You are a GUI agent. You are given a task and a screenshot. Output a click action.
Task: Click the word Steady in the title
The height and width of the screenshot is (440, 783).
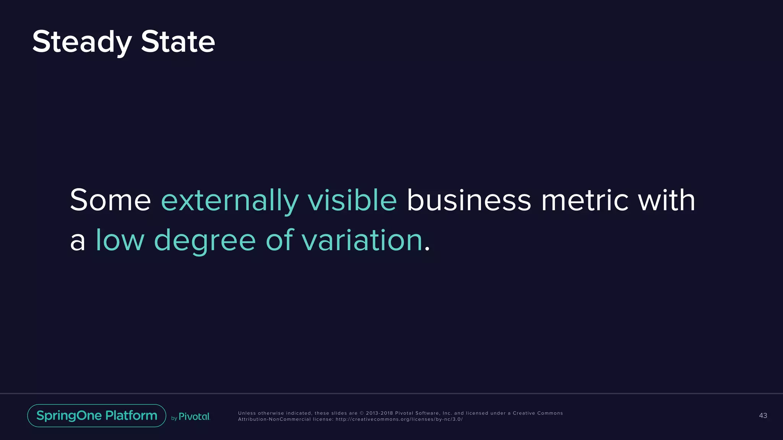[x=82, y=42]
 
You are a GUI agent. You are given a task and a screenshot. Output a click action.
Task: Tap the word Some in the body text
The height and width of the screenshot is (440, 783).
[x=110, y=200]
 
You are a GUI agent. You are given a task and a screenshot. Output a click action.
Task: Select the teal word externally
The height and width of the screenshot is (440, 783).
[x=229, y=201]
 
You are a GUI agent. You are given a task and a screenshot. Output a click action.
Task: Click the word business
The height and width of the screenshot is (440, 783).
[x=469, y=200]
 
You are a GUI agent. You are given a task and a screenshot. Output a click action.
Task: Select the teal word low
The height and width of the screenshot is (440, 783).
[x=120, y=240]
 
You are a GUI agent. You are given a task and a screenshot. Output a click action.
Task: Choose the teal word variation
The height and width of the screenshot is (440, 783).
[x=362, y=240]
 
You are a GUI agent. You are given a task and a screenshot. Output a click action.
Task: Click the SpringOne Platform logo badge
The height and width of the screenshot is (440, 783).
[x=97, y=416]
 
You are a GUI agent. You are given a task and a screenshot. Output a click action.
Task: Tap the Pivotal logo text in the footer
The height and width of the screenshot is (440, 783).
[x=194, y=416]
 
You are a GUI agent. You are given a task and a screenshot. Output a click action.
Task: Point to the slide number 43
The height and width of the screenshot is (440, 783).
[x=763, y=416]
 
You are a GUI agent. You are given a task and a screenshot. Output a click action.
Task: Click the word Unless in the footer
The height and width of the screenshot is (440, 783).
[x=247, y=413]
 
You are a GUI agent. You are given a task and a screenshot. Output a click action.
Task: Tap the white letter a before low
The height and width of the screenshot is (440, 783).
[x=78, y=242]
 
